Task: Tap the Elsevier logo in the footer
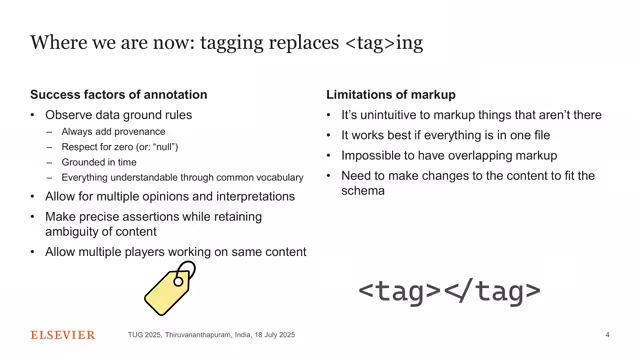(63, 335)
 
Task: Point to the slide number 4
(607, 335)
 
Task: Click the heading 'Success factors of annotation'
(119, 95)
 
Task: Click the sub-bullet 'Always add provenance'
(113, 132)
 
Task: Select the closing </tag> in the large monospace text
(492, 291)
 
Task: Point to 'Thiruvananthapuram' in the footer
(209, 335)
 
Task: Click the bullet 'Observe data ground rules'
(119, 115)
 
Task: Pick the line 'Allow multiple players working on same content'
(175, 252)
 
